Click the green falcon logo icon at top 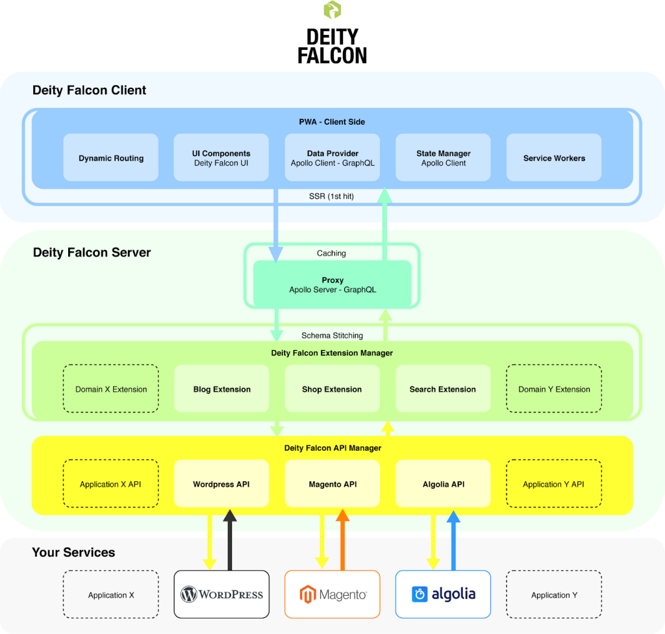point(332,10)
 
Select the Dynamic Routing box point(110,157)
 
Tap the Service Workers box point(554,157)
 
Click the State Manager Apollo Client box point(443,157)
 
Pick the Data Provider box point(332,157)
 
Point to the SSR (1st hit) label point(331,196)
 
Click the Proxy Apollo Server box point(332,284)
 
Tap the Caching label point(331,253)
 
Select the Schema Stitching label point(332,335)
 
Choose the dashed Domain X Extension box point(110,388)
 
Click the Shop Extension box point(332,388)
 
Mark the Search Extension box point(443,388)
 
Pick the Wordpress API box point(221,483)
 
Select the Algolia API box point(443,483)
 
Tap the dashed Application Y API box point(554,483)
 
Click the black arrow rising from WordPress point(230,540)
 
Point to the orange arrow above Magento point(343,540)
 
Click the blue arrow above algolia point(453,540)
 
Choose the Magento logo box point(332,594)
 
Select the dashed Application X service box point(110,594)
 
